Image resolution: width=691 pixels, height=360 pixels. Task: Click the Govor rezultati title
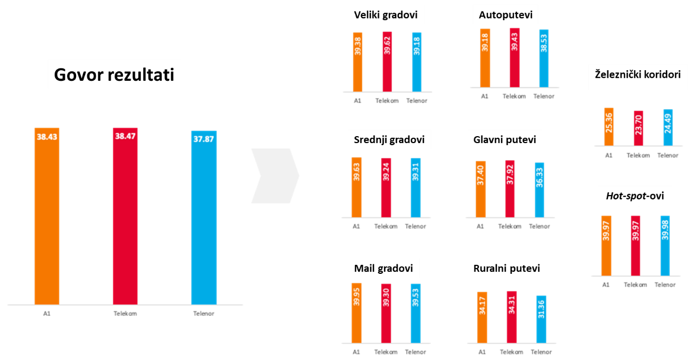114,75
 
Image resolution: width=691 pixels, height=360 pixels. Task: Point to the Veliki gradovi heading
386,15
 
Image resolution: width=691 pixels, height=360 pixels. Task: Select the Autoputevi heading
505,15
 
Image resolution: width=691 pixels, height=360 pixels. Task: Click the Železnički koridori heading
638,74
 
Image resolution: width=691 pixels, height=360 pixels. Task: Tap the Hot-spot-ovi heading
635,196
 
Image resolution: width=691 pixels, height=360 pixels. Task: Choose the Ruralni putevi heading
506,269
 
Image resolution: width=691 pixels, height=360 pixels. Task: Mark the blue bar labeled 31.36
541,319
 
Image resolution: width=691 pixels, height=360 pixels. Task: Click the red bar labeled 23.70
638,128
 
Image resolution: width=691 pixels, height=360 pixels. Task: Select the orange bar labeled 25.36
609,127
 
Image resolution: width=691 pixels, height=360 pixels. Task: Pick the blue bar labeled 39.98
665,245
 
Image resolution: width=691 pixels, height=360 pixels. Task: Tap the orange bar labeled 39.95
356,312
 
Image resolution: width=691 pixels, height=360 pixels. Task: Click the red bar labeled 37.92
510,188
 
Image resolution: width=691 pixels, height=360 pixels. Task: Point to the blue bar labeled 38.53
544,58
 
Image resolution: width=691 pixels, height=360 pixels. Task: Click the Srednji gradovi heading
389,140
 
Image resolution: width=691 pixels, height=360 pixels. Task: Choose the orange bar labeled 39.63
356,187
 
